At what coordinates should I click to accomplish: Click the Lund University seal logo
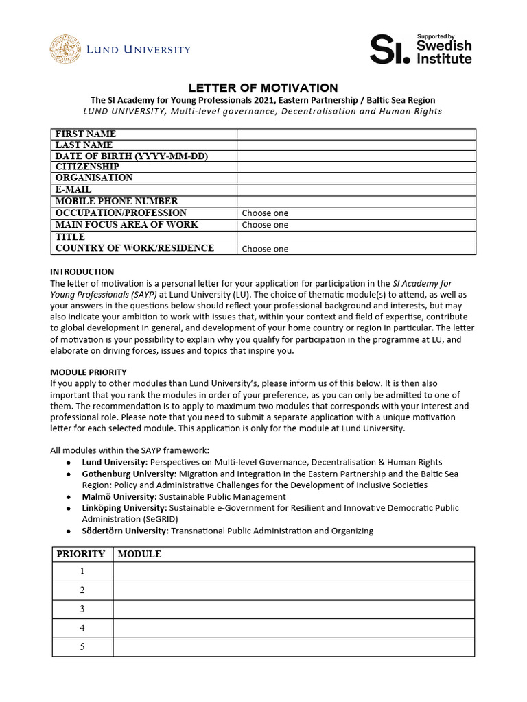(x=64, y=49)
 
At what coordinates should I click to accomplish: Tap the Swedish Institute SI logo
(x=421, y=49)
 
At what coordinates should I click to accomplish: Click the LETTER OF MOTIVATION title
(x=263, y=88)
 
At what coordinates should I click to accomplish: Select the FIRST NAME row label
(x=86, y=134)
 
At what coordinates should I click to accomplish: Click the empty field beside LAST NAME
(x=356, y=145)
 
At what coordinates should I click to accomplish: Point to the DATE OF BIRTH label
(x=131, y=156)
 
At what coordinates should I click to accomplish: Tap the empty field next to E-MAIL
(x=356, y=190)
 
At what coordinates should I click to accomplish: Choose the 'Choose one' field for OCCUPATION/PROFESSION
(x=356, y=213)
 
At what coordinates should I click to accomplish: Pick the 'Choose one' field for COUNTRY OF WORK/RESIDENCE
(x=356, y=249)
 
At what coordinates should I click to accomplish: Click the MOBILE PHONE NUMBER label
(x=117, y=202)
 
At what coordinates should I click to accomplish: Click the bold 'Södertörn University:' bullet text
(x=124, y=531)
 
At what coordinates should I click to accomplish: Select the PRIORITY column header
(x=81, y=554)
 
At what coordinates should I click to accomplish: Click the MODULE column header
(x=140, y=554)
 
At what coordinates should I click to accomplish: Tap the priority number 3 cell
(x=82, y=609)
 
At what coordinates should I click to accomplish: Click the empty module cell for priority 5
(x=294, y=646)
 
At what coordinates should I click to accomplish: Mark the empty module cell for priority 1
(x=294, y=571)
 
